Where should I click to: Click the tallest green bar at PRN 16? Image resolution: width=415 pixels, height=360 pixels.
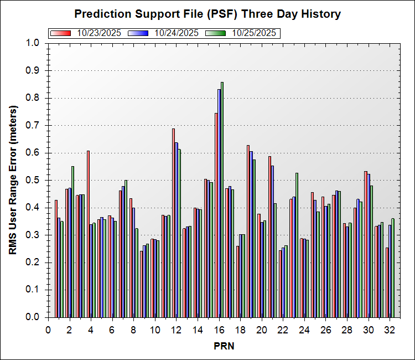coord(222,199)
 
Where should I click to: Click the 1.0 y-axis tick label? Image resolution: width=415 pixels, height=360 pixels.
coord(33,43)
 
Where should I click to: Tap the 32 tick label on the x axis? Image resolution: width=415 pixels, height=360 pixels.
coord(390,329)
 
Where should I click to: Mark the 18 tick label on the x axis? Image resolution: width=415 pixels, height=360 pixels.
coord(240,329)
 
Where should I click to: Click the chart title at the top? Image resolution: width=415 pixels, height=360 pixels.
coord(207,13)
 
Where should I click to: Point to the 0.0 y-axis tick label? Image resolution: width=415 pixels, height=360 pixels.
coord(33,317)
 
